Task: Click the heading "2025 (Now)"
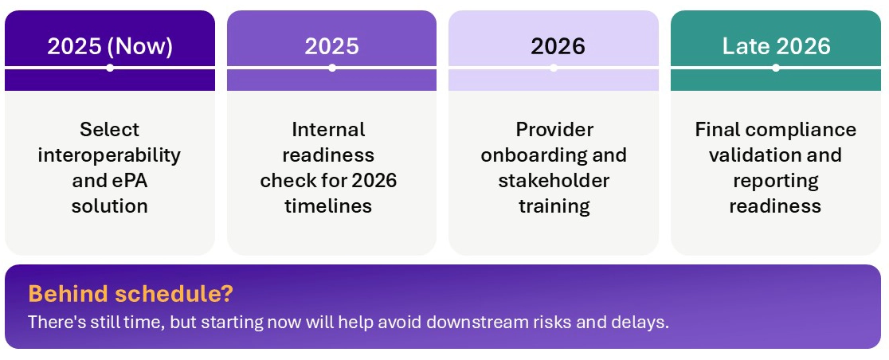click(110, 46)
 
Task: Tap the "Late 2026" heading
click(776, 46)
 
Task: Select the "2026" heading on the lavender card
click(558, 46)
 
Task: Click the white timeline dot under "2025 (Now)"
click(110, 68)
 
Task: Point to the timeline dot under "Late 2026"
click(776, 68)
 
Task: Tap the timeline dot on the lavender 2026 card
click(554, 68)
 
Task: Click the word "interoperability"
click(109, 155)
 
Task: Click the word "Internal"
click(328, 129)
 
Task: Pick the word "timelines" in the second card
click(328, 205)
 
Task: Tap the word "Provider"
click(554, 129)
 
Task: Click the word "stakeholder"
click(554, 180)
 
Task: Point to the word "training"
click(554, 205)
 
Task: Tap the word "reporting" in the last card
click(775, 180)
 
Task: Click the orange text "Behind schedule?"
click(131, 294)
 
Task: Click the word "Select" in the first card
click(109, 129)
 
